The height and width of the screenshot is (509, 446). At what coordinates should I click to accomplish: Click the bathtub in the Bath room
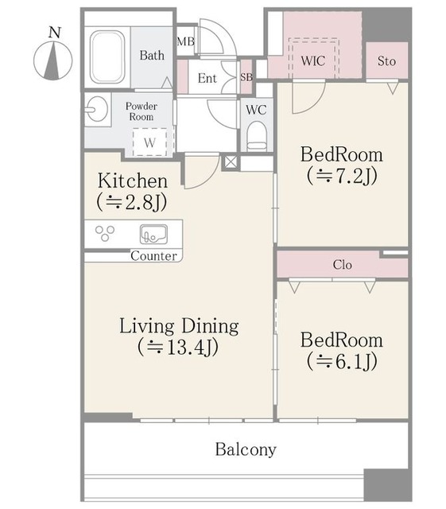(x=107, y=57)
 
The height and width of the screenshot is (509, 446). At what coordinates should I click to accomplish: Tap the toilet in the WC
(x=257, y=136)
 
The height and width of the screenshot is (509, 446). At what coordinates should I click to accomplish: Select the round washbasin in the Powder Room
(x=96, y=110)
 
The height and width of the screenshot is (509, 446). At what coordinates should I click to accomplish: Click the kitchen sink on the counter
(x=153, y=234)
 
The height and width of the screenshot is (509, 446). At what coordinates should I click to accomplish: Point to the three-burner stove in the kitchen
(x=105, y=233)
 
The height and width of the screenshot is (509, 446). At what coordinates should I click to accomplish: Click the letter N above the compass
(x=55, y=33)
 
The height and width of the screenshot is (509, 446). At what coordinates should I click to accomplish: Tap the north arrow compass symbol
(x=53, y=60)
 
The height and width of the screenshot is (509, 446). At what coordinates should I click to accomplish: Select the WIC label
(x=313, y=60)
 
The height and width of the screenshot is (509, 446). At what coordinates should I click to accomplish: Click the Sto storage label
(x=386, y=61)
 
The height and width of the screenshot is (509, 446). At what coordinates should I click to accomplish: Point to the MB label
(x=186, y=41)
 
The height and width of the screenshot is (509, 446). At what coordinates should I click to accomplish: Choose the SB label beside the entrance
(x=246, y=77)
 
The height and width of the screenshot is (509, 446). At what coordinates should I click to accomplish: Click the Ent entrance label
(x=207, y=78)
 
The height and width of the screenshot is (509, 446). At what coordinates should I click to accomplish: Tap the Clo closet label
(x=342, y=265)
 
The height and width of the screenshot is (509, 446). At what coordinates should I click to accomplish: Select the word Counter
(x=154, y=256)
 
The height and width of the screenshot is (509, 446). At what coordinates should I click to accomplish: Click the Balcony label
(x=246, y=450)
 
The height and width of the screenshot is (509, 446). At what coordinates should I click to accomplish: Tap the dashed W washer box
(x=149, y=142)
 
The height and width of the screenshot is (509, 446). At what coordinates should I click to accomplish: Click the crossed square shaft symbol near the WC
(x=231, y=162)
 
